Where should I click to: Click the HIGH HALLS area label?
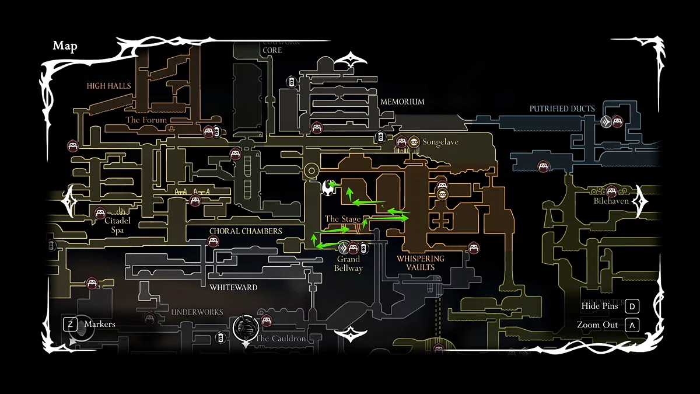click(109, 86)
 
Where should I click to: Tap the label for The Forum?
click(146, 120)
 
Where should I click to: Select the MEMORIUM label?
click(402, 102)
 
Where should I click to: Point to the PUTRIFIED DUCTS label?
click(562, 109)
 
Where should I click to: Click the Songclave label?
click(440, 142)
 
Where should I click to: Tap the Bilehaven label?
click(611, 201)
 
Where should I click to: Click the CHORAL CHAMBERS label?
click(246, 231)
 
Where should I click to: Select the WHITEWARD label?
click(233, 287)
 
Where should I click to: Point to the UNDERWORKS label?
click(197, 312)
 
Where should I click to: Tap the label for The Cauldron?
click(281, 339)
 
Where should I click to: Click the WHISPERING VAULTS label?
click(420, 263)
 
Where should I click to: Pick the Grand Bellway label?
click(348, 264)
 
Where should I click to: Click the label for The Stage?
click(342, 219)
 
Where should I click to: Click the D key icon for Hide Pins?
click(632, 306)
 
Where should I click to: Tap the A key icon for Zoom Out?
click(632, 325)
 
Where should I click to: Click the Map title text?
click(65, 46)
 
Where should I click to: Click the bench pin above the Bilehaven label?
click(611, 190)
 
